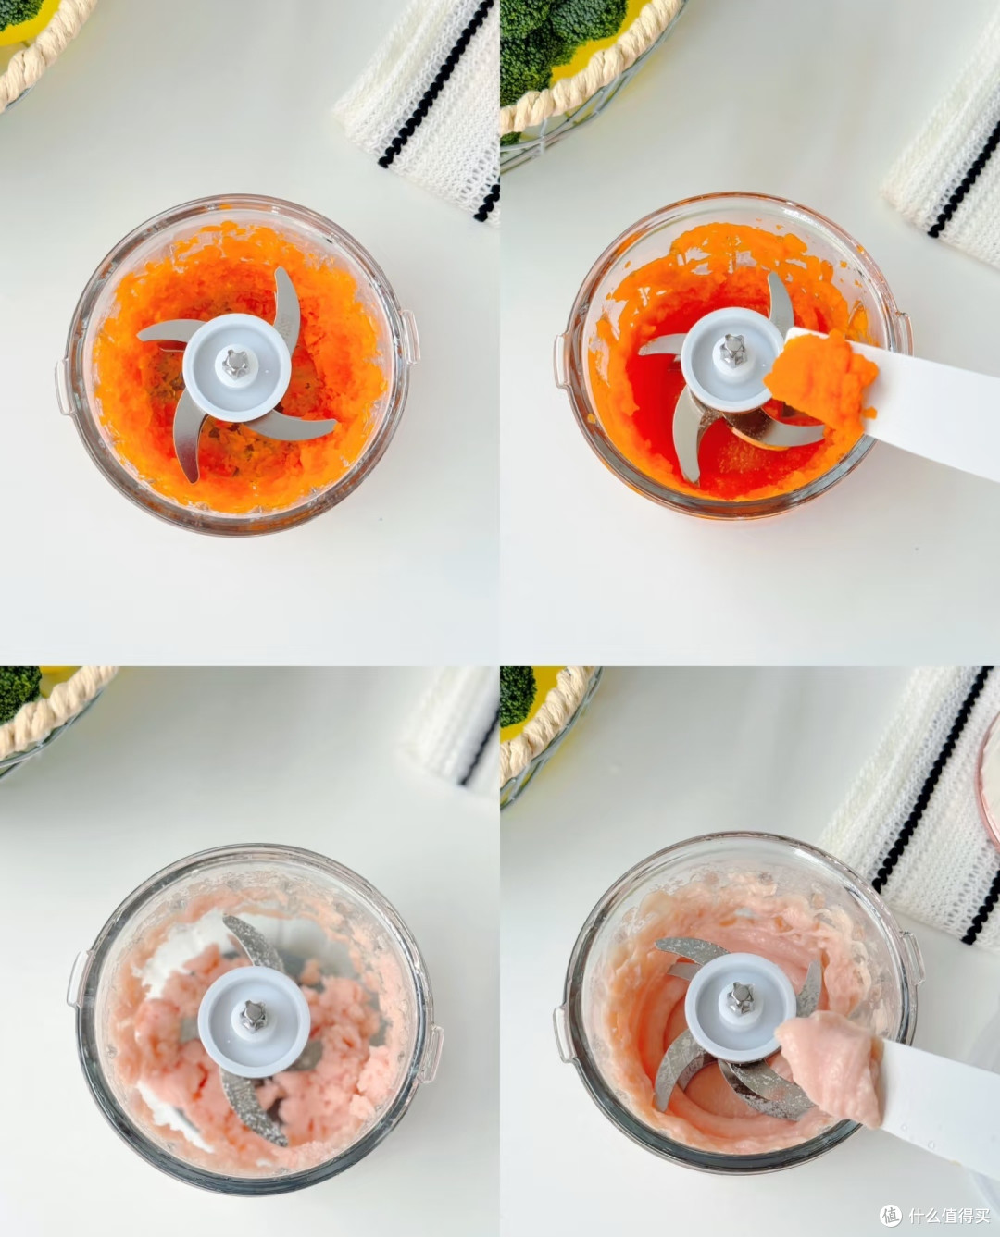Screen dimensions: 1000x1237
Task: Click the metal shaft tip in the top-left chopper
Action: [x=236, y=363]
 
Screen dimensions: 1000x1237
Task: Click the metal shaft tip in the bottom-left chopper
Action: [x=253, y=1015]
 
